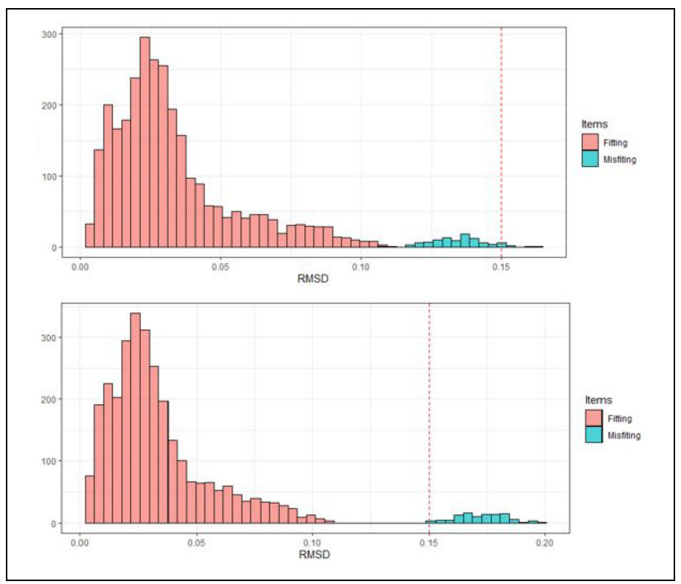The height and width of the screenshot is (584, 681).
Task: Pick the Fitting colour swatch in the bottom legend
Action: (x=594, y=419)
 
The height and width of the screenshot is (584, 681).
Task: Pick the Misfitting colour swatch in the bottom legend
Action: (x=594, y=435)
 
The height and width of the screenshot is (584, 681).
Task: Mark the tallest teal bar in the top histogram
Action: (x=464, y=241)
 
